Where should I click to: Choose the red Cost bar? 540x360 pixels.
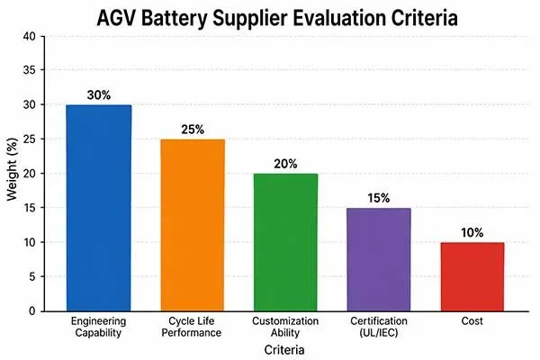point(471,276)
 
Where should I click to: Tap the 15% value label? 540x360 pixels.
point(377,198)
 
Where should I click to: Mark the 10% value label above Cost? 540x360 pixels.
point(471,232)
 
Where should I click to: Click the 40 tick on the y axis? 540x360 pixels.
point(31,36)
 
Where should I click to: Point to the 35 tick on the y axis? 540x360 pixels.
point(31,70)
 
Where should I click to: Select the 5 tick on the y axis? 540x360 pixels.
point(34,276)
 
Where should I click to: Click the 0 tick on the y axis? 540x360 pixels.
point(34,310)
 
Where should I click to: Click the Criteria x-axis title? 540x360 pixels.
point(283,347)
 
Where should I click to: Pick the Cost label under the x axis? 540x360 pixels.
point(471,320)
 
